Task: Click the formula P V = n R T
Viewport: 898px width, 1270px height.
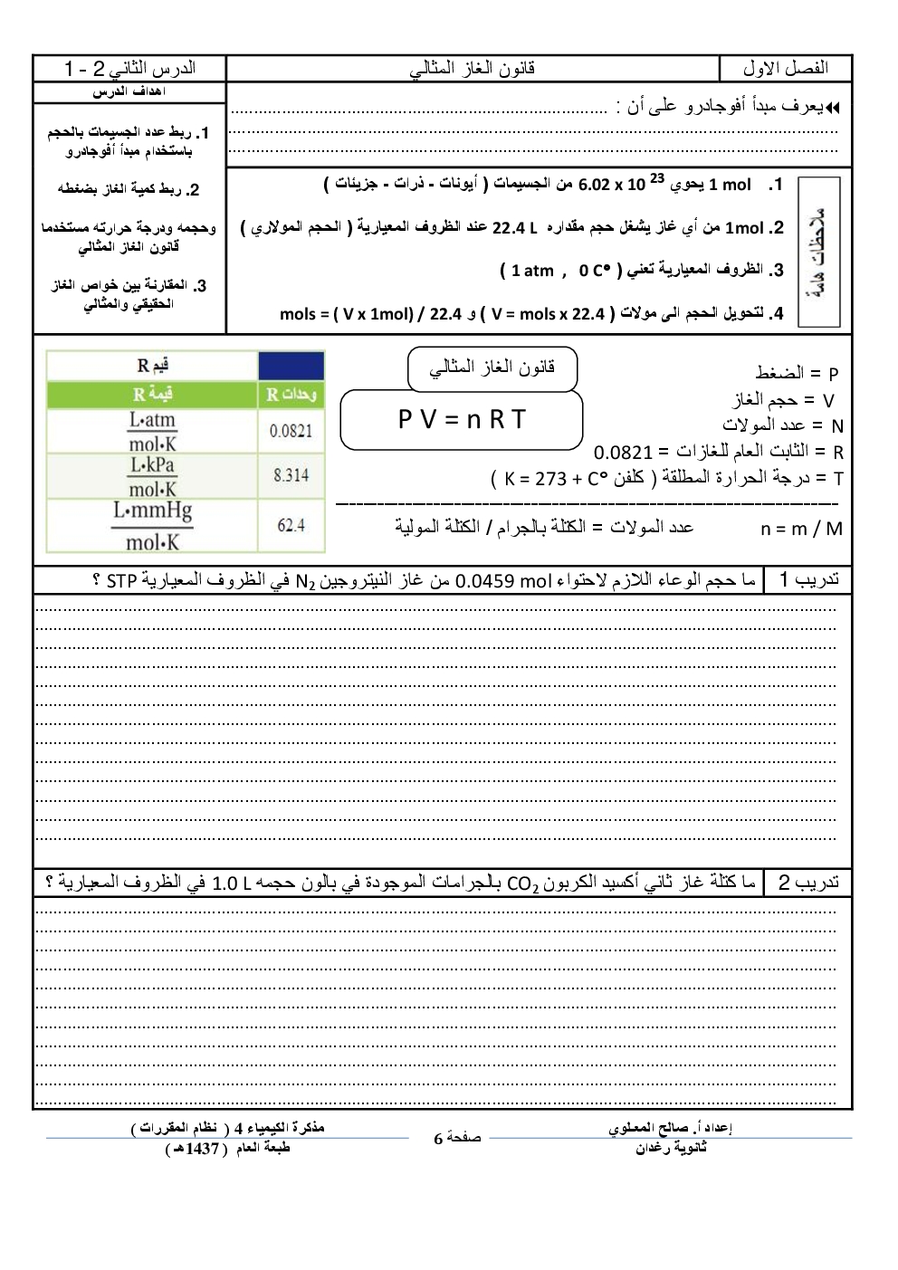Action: coord(461,419)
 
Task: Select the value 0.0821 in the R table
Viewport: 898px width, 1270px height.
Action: coord(291,431)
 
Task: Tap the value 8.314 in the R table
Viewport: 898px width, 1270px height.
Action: coord(291,475)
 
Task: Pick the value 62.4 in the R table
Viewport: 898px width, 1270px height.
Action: coord(291,525)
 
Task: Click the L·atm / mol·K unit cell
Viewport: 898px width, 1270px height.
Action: coord(152,431)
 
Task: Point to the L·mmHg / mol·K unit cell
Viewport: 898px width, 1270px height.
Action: coord(152,526)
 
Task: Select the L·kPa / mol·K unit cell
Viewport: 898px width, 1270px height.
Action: coord(152,476)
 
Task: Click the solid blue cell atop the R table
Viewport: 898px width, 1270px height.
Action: coord(291,366)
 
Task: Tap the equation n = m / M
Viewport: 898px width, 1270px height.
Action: coord(801,529)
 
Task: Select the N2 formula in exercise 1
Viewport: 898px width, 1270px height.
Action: coord(303,581)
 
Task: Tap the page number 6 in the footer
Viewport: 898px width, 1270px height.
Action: coord(438,1139)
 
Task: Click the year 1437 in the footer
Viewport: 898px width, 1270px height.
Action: coord(201,1149)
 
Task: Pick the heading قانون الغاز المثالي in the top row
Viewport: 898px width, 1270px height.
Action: coord(473,69)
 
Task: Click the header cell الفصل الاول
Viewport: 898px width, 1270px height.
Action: coord(785,69)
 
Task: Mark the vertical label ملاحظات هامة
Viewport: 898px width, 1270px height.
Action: coord(819,252)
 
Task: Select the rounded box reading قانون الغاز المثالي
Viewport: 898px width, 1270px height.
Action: coord(492,368)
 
